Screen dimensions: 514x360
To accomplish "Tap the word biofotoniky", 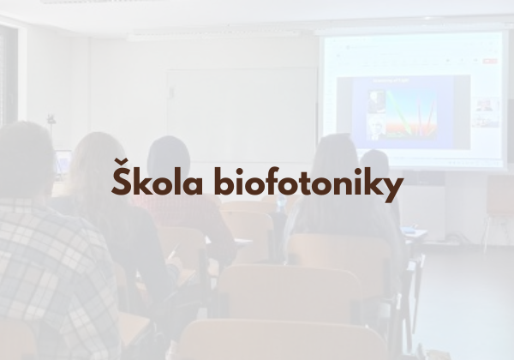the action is (308, 184).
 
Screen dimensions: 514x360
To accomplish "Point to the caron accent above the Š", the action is (121, 162).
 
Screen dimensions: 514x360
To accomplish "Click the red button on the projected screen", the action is (490, 61).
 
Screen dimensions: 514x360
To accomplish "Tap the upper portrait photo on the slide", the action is (376, 102).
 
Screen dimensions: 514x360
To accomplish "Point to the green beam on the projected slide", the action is (398, 112).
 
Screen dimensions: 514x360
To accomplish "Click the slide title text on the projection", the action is (391, 80).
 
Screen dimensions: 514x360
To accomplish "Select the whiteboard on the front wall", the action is (242, 116).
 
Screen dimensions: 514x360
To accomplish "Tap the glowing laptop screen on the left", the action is (63, 162).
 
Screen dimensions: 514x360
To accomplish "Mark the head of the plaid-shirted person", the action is (25, 159).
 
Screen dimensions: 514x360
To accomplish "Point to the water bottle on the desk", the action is (281, 203).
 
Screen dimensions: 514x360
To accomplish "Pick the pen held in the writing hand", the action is (173, 251).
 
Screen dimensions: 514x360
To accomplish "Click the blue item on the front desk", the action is (408, 230).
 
